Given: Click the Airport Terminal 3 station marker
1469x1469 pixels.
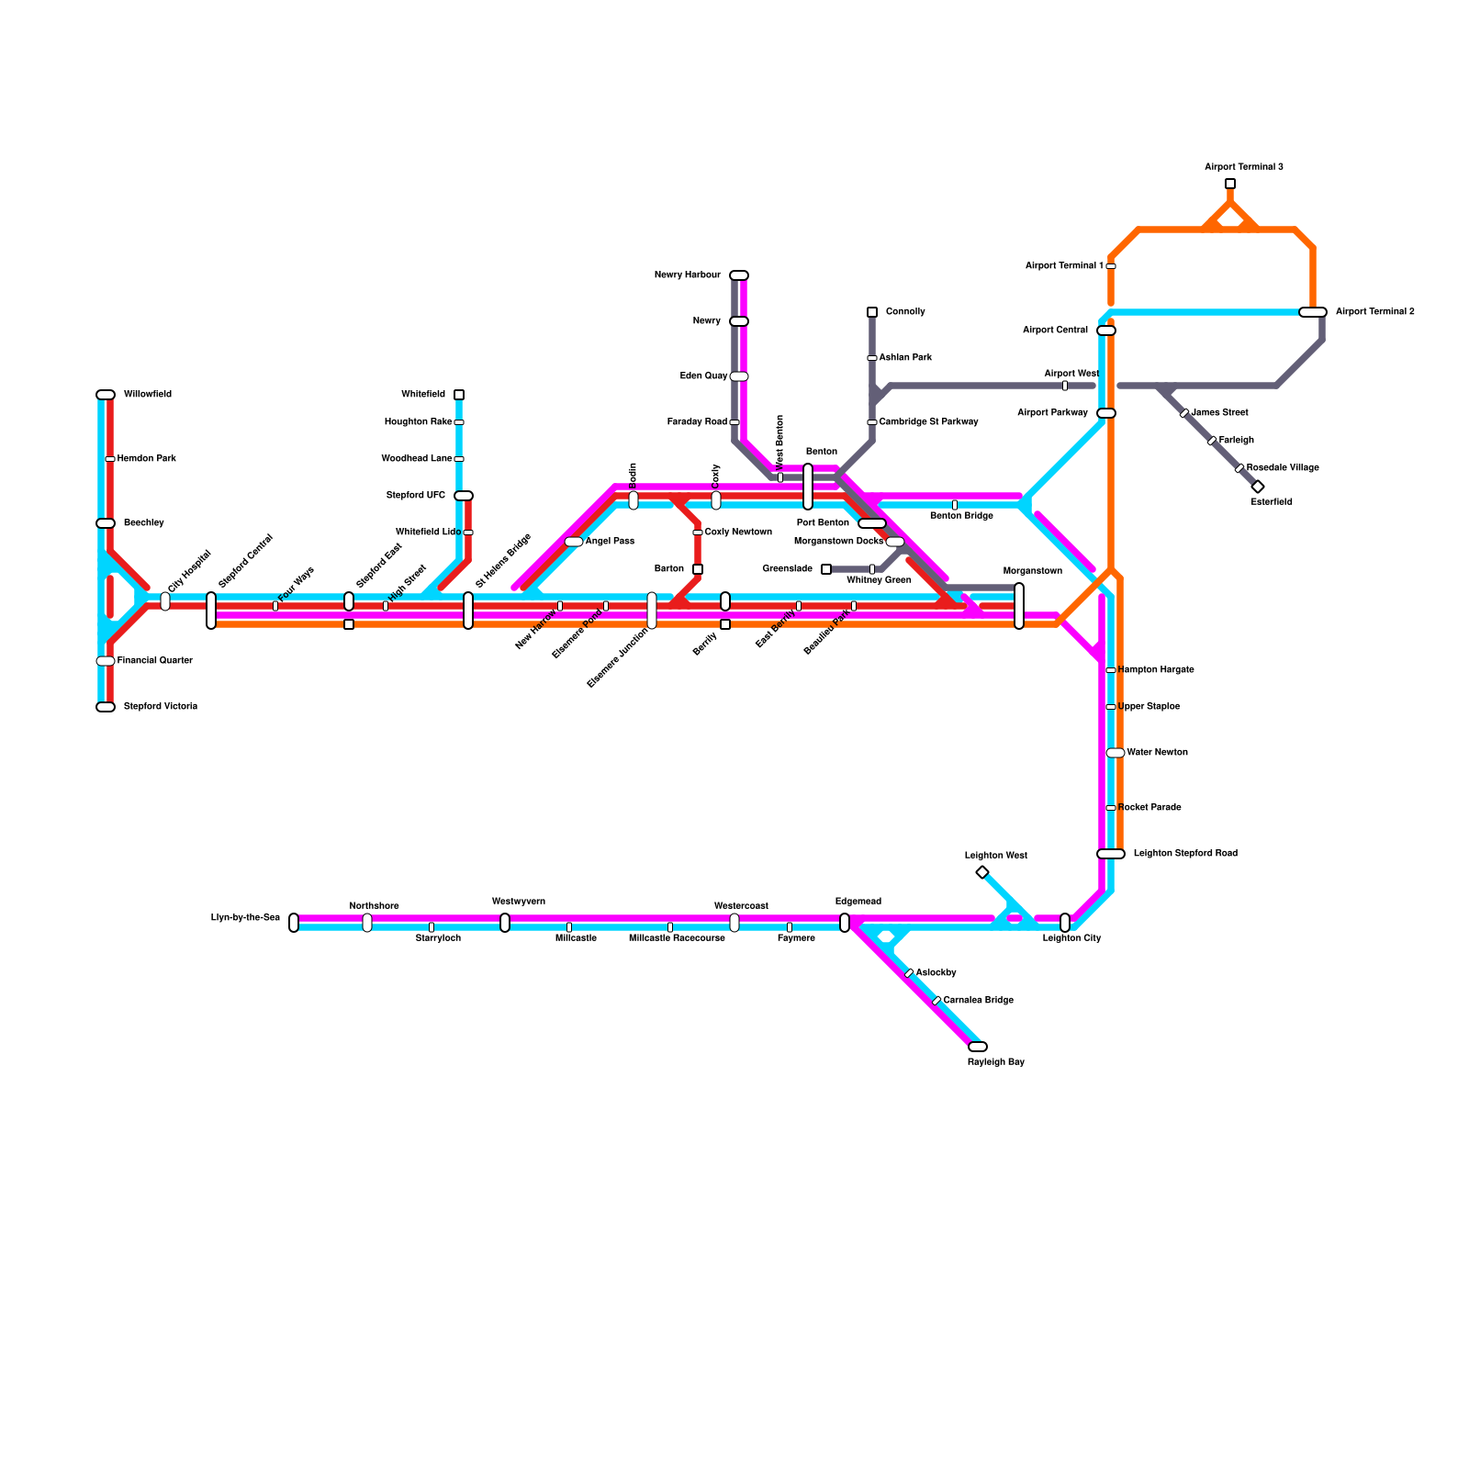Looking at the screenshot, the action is (x=1230, y=184).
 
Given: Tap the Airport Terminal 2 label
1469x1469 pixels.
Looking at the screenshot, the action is (x=1374, y=312).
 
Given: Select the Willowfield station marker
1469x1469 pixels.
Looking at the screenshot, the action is (x=106, y=395).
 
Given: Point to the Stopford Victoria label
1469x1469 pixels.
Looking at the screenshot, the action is (x=161, y=707).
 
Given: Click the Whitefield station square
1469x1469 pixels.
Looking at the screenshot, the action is (x=459, y=395).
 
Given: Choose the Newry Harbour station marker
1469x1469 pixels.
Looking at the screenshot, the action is (x=739, y=275).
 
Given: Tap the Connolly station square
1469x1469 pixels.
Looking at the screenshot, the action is (x=872, y=312).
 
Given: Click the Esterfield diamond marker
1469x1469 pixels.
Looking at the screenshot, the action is (x=1258, y=487).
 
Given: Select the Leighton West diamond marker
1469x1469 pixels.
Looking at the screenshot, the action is (x=982, y=872).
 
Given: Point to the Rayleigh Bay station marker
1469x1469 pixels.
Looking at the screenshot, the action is (x=978, y=1047).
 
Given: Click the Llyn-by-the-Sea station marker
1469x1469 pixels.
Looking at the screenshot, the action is (x=294, y=923).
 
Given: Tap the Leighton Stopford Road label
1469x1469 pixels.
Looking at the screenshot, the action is (x=1185, y=854).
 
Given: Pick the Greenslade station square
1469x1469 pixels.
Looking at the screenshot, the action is (x=826, y=569).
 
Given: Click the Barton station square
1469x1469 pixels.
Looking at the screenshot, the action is (x=698, y=569).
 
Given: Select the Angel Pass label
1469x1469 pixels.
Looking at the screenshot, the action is (x=610, y=542).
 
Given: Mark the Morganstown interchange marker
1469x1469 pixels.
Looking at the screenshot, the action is (x=1019, y=606).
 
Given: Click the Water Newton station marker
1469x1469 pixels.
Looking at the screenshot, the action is (x=1116, y=753).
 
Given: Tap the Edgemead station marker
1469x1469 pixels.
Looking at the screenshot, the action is (x=845, y=923).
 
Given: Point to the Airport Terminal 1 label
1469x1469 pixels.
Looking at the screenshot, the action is (x=1064, y=266).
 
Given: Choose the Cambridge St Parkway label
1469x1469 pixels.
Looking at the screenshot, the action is (x=928, y=422).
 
